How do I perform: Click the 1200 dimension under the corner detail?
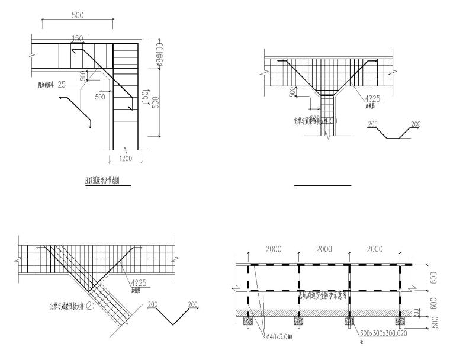124,159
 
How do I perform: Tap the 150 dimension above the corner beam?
77,38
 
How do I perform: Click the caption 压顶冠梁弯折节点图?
107,178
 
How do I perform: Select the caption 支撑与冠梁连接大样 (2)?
73,307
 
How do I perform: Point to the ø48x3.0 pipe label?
281,337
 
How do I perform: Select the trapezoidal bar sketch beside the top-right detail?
390,132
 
